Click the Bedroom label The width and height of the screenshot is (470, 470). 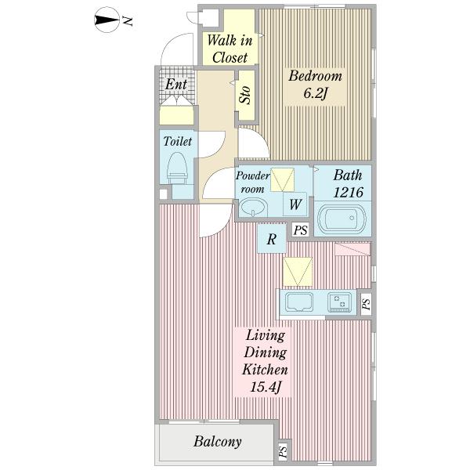point(315,76)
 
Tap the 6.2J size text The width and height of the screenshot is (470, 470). point(314,93)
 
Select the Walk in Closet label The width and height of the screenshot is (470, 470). point(230,49)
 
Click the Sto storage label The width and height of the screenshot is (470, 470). point(245,95)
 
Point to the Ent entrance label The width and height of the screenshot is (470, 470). point(176,85)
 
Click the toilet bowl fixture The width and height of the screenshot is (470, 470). point(177,168)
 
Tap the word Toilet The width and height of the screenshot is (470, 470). point(178,141)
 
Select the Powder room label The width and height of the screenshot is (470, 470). point(252,183)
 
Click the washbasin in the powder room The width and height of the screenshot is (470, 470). point(253,208)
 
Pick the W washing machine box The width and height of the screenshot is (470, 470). point(295,204)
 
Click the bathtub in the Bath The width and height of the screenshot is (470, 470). point(342,219)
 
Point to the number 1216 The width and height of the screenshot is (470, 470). point(349,192)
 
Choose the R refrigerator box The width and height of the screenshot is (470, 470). point(272,239)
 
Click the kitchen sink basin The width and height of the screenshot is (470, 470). point(299,302)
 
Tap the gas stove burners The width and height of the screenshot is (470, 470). point(339,302)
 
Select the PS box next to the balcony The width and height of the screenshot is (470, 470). point(283,452)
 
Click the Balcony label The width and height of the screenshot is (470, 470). point(218,442)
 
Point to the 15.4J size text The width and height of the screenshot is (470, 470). point(266,387)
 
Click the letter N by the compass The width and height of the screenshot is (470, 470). point(128,20)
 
